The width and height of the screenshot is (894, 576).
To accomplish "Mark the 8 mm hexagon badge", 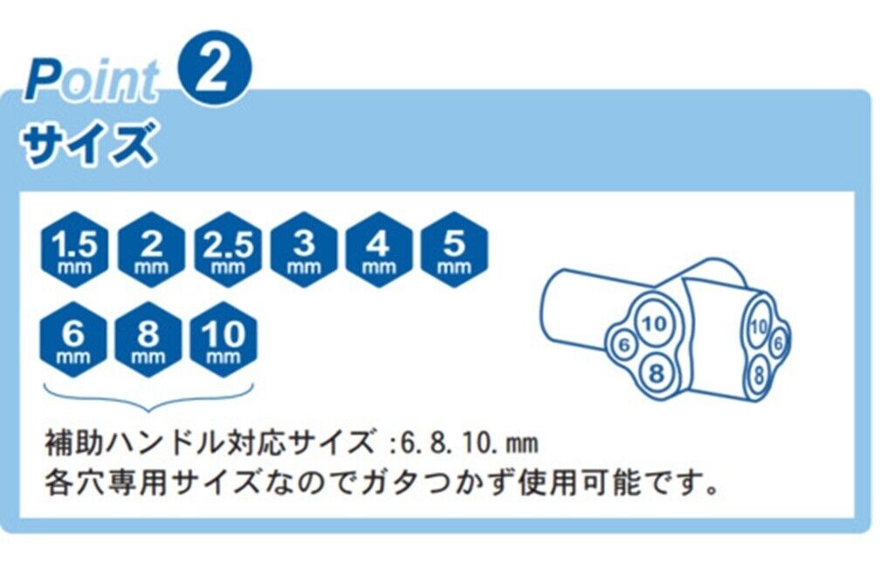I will [x=150, y=339].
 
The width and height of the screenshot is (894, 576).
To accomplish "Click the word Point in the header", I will [x=92, y=81].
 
